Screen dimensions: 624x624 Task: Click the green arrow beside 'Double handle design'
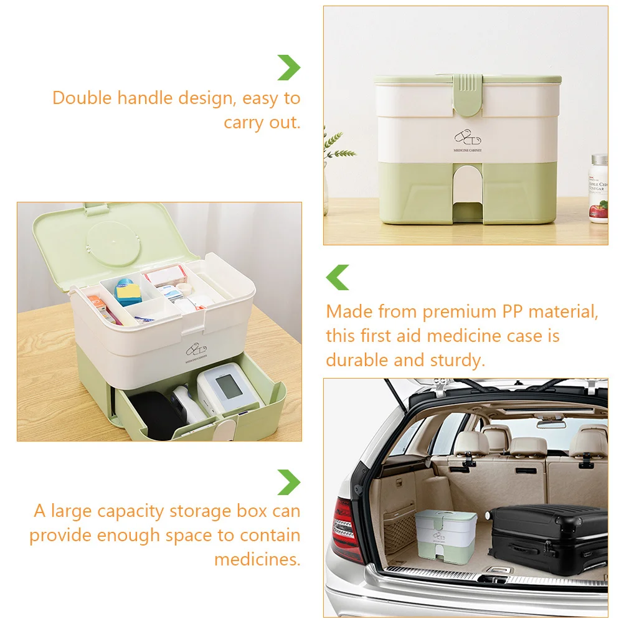[x=289, y=67]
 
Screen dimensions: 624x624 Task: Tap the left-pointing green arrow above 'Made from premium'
[x=338, y=277]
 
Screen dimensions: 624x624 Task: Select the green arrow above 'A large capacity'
[x=289, y=482]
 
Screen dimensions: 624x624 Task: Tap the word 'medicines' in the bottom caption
[x=257, y=559]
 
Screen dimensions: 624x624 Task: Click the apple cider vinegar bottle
[x=598, y=189]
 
